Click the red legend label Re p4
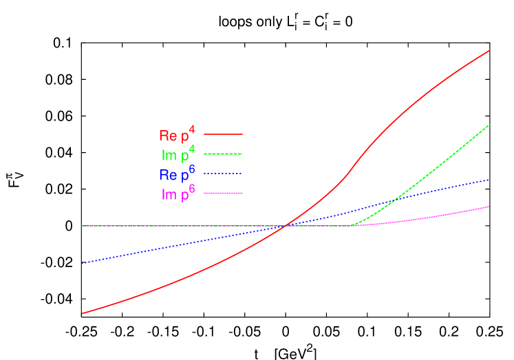(x=176, y=135)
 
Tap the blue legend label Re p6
(x=176, y=174)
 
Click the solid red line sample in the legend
(x=224, y=134)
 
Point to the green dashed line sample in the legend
(x=224, y=154)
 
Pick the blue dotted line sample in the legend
(x=224, y=174)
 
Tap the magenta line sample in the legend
(x=224, y=193)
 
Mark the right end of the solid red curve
(x=489, y=50)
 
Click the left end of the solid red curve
(x=82, y=314)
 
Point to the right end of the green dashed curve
(x=489, y=125)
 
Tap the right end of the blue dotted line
(x=489, y=180)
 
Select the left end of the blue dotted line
(x=82, y=264)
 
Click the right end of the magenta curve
(x=489, y=207)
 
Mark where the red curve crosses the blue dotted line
(x=286, y=226)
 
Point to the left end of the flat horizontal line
(x=82, y=226)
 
